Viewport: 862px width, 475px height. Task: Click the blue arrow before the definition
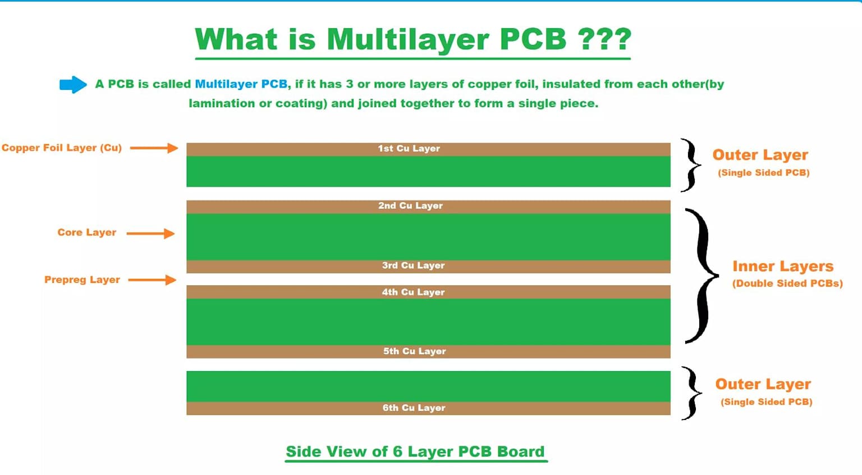pos(73,85)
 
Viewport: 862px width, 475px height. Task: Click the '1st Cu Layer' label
pos(409,149)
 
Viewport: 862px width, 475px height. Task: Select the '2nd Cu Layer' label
pos(410,206)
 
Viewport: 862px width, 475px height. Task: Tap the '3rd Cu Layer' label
pos(413,266)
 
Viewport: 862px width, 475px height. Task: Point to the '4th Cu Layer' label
pos(413,293)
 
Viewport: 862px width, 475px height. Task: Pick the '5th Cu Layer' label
pos(414,351)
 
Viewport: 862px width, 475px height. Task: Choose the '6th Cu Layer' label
pos(414,408)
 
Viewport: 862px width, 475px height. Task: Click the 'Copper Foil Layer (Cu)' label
pos(62,148)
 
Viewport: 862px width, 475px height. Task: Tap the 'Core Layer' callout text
pos(86,232)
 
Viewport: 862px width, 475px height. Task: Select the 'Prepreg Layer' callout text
pos(82,280)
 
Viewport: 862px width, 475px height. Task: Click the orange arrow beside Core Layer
pos(150,234)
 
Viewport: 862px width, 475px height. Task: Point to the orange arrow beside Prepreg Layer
pos(152,280)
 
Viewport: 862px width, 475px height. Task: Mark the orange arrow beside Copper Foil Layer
pos(154,148)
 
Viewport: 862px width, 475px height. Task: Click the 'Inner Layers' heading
pos(782,266)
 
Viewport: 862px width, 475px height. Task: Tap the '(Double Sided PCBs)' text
pos(787,284)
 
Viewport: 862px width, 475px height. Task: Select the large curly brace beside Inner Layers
pos(701,275)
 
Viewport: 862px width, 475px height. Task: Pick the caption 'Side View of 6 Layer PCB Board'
pos(415,452)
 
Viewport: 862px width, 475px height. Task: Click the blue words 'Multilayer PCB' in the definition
pos(241,84)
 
